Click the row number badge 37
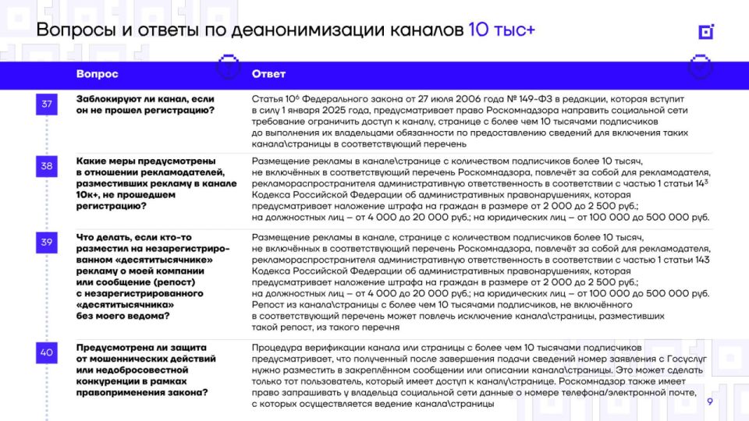(47, 104)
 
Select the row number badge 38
(47, 165)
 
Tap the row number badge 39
(47, 242)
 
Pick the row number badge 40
(47, 352)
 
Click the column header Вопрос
(97, 74)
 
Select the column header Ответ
(268, 74)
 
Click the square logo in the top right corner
(706, 31)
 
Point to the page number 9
(709, 402)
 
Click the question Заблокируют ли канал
(144, 104)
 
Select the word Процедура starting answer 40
(279, 346)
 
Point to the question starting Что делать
(152, 277)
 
